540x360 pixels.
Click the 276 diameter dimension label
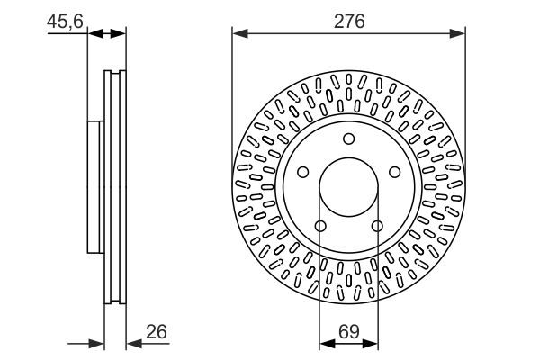(349, 22)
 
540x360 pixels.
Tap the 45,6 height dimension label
(65, 22)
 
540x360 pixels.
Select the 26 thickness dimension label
(157, 332)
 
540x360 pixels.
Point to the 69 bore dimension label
(349, 332)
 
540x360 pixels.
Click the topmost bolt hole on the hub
(349, 139)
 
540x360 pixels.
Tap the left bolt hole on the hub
(302, 172)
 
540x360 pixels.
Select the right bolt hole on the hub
(395, 172)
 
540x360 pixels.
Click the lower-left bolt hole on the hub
(320, 226)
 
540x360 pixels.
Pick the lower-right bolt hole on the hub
(377, 226)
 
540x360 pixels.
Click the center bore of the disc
(349, 187)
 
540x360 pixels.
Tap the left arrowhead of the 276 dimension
(240, 33)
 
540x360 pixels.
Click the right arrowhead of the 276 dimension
(458, 33)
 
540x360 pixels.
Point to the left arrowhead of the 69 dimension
(328, 343)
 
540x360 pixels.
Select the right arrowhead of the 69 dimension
(371, 343)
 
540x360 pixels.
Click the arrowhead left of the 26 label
(134, 344)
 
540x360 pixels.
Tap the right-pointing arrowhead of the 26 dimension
(96, 344)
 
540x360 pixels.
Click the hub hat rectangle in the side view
(95, 187)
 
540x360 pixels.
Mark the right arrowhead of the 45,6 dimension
(118, 33)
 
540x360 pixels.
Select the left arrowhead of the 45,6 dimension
(95, 33)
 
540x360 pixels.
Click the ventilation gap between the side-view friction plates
(115, 187)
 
